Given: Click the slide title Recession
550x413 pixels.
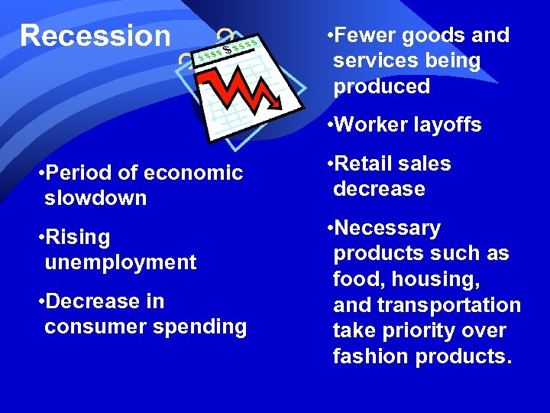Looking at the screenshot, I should pos(95,35).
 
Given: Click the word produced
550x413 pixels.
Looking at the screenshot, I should pos(382,86).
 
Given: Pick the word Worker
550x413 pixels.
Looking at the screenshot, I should pos(370,125).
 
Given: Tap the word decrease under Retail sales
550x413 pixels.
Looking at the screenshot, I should pos(379,189).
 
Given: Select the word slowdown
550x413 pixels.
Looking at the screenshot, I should pos(95,198).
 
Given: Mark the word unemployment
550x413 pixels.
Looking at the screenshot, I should pos(121,262).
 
